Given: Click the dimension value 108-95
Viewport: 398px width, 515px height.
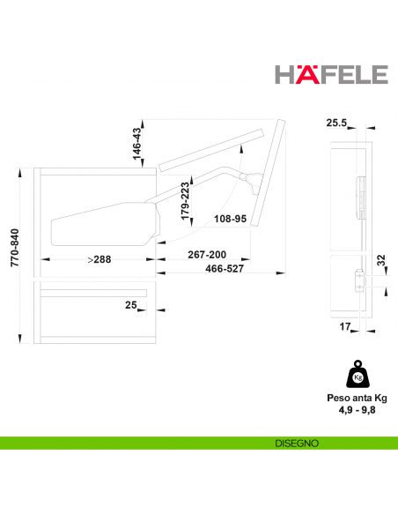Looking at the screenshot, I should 230,219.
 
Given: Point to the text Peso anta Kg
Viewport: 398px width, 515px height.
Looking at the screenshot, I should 357,398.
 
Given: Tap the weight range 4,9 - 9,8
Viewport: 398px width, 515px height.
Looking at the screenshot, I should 357,410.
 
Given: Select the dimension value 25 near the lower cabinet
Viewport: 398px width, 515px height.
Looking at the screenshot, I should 130,305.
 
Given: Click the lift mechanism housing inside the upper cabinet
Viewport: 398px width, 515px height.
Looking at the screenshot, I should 101,225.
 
